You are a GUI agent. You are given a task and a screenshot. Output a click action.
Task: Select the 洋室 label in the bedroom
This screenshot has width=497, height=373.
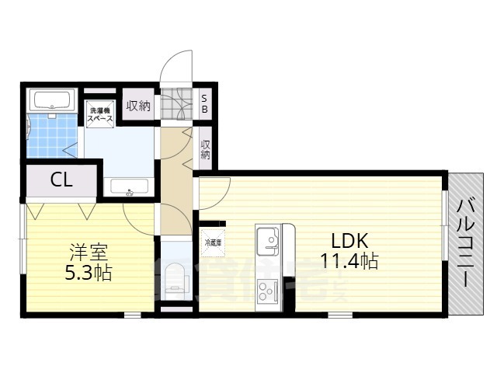pos(88,253)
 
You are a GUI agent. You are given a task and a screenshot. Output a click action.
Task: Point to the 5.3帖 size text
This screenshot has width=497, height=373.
pos(88,274)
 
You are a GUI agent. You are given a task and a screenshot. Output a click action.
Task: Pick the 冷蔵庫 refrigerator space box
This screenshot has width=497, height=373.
pos(213,242)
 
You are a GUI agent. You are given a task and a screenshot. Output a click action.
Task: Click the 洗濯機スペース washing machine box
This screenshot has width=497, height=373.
pos(100,115)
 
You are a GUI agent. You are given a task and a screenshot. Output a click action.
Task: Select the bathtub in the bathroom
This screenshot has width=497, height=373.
pos(51,100)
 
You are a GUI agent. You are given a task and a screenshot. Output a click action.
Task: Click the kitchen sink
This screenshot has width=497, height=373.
pos(268,237)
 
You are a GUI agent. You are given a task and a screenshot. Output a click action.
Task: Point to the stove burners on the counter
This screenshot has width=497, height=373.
pos(268,291)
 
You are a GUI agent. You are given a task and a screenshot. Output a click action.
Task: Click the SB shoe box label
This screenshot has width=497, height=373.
pos(204,104)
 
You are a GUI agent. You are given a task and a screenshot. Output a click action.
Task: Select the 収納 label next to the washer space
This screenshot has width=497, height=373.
pos(139,106)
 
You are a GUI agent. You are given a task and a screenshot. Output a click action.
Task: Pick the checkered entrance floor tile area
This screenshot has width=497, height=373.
pos(177,103)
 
